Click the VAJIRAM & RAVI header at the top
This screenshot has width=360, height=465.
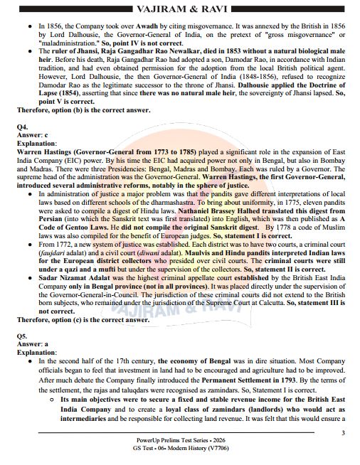179,9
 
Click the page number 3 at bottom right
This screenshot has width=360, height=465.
343,433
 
